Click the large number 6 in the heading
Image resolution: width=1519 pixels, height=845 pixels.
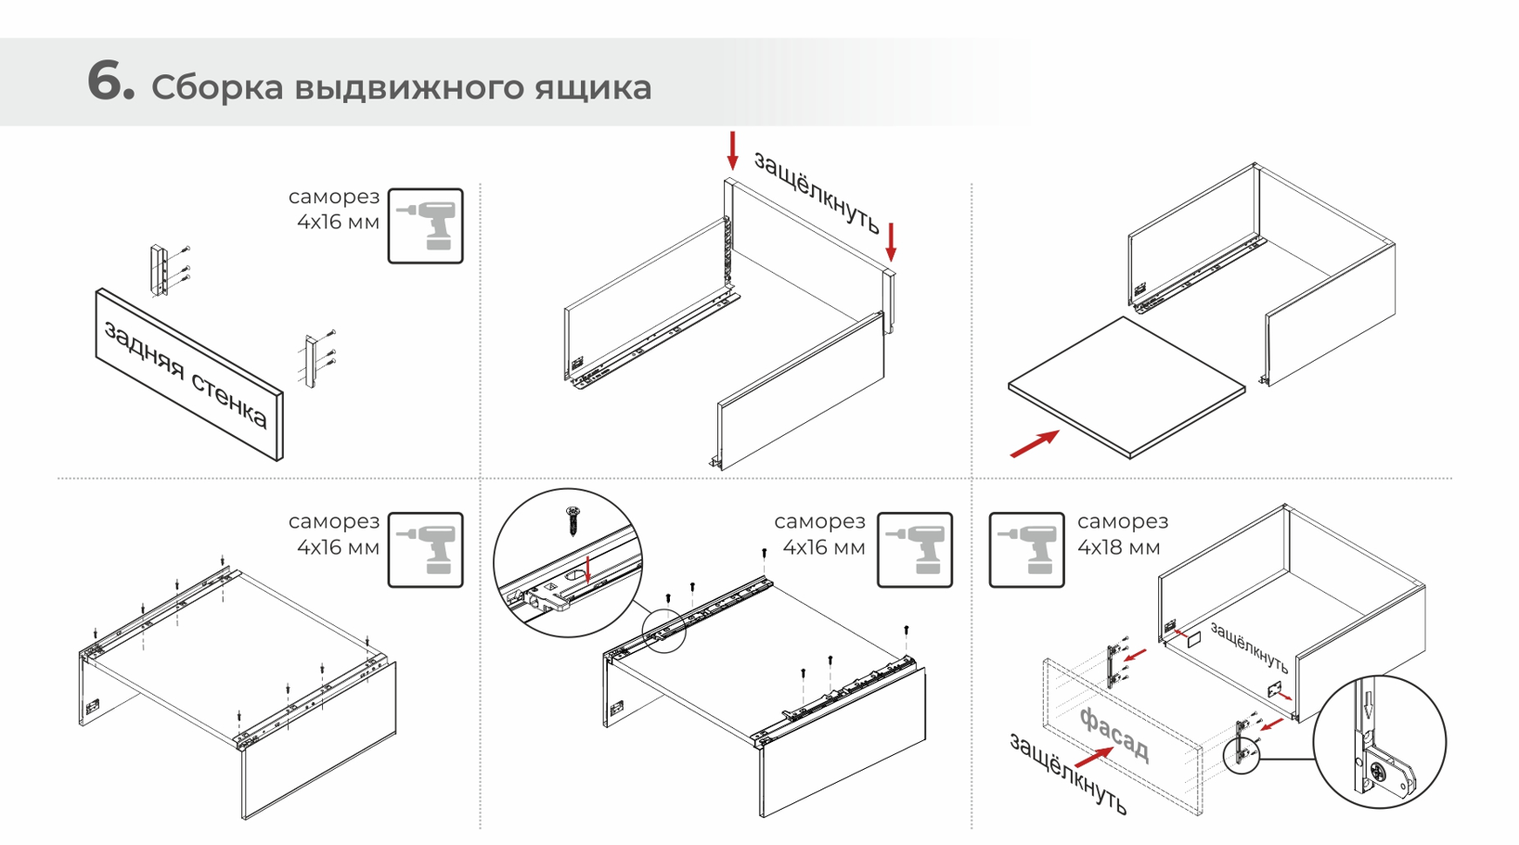click(110, 81)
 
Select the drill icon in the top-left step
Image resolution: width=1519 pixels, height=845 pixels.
click(425, 226)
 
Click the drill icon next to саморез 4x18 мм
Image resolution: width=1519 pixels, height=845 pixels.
click(1026, 550)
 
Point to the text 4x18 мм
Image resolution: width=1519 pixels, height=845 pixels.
click(1118, 548)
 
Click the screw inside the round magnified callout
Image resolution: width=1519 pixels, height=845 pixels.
click(573, 519)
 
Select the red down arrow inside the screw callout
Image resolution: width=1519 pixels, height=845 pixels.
click(588, 569)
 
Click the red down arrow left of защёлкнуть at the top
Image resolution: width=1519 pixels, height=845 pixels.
click(733, 150)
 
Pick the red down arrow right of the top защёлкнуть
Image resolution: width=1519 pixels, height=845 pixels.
click(891, 241)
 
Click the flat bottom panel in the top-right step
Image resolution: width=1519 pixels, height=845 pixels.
click(1126, 387)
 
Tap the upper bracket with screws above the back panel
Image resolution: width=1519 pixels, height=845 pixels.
click(161, 270)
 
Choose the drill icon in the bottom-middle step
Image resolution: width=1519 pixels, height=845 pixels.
click(914, 550)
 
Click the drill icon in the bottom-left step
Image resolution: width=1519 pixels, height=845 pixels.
click(425, 550)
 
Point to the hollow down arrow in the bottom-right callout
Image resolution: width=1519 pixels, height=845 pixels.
click(1367, 702)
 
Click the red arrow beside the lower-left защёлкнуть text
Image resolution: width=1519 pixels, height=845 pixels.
click(1095, 758)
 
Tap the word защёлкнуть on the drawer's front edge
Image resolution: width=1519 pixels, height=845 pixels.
click(1249, 648)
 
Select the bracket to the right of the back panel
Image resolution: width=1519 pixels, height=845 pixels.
click(312, 361)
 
